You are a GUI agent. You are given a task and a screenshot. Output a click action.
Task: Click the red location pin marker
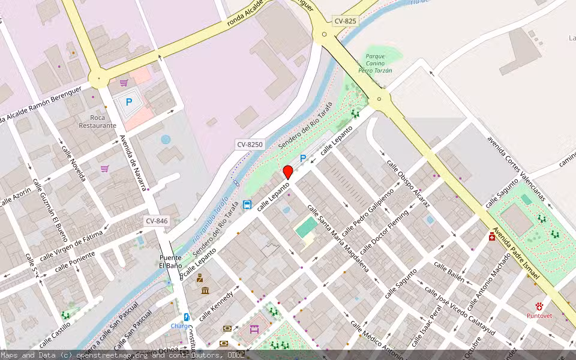point(288,172)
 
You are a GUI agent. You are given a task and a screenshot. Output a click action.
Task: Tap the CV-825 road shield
point(345,21)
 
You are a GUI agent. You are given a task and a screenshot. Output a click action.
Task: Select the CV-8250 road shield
point(250,144)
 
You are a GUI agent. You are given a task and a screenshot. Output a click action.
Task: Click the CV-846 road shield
point(157,221)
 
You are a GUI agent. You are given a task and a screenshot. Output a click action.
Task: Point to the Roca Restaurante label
point(97,121)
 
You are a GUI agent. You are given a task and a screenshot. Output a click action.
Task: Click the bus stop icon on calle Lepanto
point(247,205)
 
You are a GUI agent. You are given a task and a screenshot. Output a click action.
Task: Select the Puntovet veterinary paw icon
point(539,305)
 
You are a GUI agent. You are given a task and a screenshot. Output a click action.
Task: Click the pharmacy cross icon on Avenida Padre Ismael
point(493,236)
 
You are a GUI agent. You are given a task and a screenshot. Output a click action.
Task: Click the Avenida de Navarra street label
point(133,162)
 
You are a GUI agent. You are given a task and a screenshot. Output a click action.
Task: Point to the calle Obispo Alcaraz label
point(408,184)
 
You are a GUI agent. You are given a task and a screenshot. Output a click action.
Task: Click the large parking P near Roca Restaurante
point(128,103)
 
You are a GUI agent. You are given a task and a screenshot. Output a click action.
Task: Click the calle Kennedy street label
point(216,305)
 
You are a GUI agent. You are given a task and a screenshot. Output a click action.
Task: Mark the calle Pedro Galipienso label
point(368,211)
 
